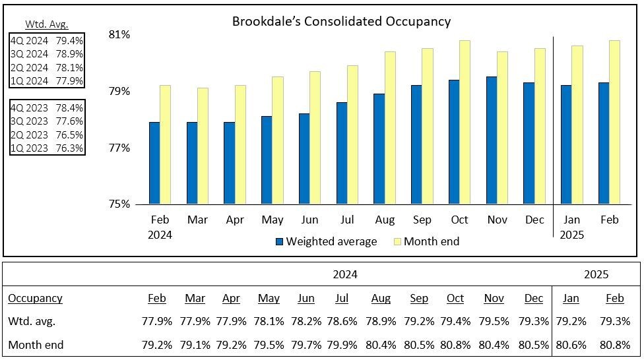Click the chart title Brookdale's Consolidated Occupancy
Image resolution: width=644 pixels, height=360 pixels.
(341, 21)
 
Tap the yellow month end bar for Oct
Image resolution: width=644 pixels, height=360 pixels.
(465, 122)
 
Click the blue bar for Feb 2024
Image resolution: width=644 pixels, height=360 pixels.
(154, 163)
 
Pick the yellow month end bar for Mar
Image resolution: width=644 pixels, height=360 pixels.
(202, 146)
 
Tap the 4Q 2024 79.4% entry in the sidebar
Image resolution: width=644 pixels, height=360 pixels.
(46, 40)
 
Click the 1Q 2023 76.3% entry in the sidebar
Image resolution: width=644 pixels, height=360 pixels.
(46, 148)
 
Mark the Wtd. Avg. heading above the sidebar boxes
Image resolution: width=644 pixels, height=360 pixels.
(46, 24)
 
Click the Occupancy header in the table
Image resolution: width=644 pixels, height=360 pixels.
(35, 299)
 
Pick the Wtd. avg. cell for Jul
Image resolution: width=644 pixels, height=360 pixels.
(342, 322)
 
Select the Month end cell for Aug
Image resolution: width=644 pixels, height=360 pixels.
(381, 344)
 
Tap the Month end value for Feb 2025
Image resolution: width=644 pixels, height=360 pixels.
(614, 344)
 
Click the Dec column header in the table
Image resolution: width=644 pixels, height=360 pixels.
(534, 299)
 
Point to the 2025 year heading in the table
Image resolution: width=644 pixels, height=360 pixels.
(596, 274)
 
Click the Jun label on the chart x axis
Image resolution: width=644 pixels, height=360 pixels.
(309, 220)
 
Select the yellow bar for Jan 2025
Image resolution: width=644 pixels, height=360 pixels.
(577, 125)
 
